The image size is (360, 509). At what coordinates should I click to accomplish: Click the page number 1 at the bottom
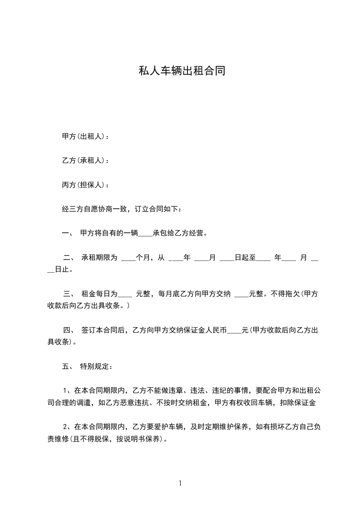tap(180, 483)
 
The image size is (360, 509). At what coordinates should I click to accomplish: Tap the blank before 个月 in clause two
tap(129, 259)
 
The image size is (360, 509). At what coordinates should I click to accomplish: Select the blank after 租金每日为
tap(125, 295)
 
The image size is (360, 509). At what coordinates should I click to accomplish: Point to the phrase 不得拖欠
tap(285, 294)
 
